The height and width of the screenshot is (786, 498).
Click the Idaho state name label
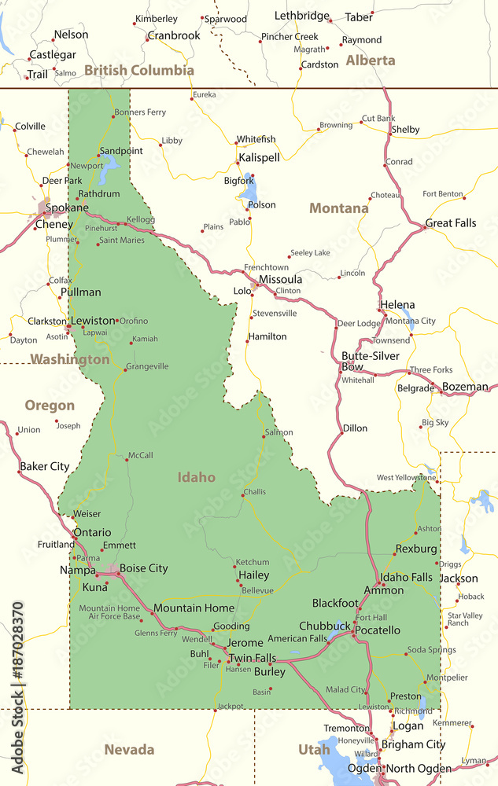click(x=196, y=477)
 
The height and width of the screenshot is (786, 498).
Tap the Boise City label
click(x=144, y=568)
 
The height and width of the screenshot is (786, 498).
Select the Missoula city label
click(x=280, y=280)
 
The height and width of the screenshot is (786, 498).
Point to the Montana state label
click(x=338, y=208)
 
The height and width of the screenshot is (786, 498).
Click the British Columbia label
click(x=139, y=71)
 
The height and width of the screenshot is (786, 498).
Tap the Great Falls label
click(x=451, y=223)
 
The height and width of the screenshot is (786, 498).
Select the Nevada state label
click(x=129, y=750)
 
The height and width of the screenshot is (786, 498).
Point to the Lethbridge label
click(x=302, y=16)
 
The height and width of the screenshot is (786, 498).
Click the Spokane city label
click(x=67, y=208)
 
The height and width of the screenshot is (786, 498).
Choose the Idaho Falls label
click(x=406, y=578)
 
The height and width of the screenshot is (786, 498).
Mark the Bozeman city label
click(x=465, y=387)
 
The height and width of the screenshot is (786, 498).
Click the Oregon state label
click(x=50, y=406)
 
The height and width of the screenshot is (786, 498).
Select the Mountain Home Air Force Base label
click(x=109, y=612)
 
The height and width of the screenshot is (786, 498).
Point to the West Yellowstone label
click(x=406, y=477)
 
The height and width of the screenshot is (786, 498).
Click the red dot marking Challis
click(x=242, y=494)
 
